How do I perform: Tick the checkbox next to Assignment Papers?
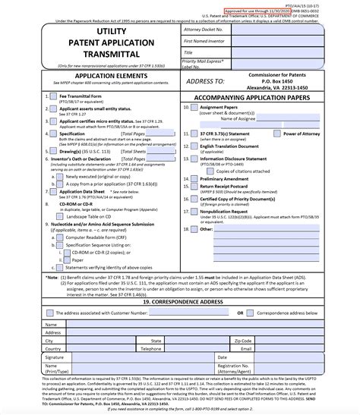pyautogui.click(x=194, y=108)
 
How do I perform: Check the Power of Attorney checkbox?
pyautogui.click(x=276, y=134)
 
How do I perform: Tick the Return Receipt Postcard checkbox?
pyautogui.click(x=194, y=187)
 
